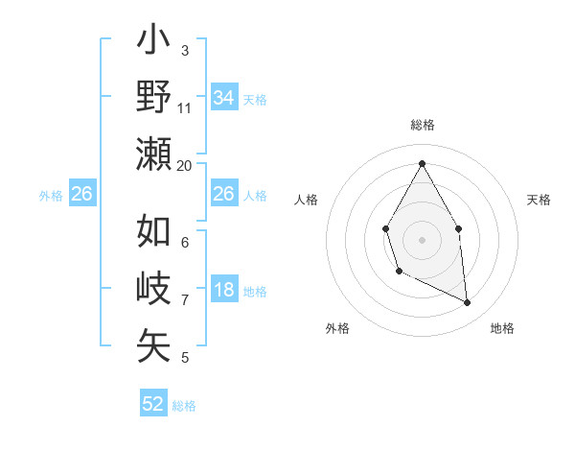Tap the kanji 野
(x=154, y=97)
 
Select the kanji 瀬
(x=154, y=154)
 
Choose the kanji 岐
(x=154, y=288)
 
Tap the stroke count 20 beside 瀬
(x=185, y=165)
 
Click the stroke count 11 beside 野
(x=185, y=107)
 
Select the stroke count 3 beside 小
(x=185, y=50)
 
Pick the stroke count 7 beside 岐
(x=185, y=299)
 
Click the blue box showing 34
(x=223, y=97)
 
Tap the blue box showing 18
(x=223, y=291)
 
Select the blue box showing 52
(x=153, y=404)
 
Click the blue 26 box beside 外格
(x=81, y=194)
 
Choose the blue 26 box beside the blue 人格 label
(x=223, y=194)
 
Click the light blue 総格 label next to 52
(x=184, y=406)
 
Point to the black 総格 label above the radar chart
(x=422, y=125)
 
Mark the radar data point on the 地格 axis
(x=468, y=303)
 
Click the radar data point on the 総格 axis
(x=422, y=163)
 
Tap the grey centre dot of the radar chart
(x=422, y=239)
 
